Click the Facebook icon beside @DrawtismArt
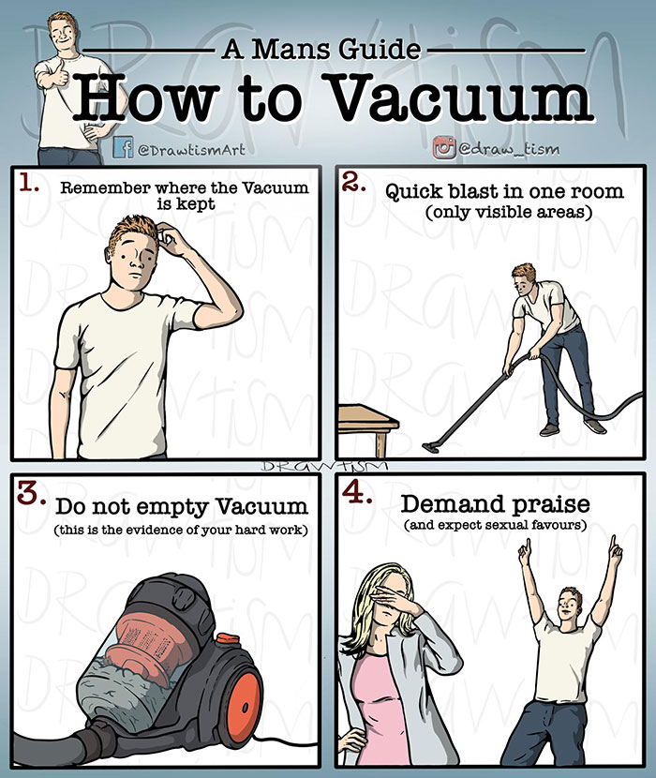(123, 147)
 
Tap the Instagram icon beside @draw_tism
(444, 147)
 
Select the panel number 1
(29, 184)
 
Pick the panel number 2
(354, 183)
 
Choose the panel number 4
(357, 492)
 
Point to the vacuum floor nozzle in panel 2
(431, 446)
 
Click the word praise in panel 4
(551, 505)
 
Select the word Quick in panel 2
(415, 192)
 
